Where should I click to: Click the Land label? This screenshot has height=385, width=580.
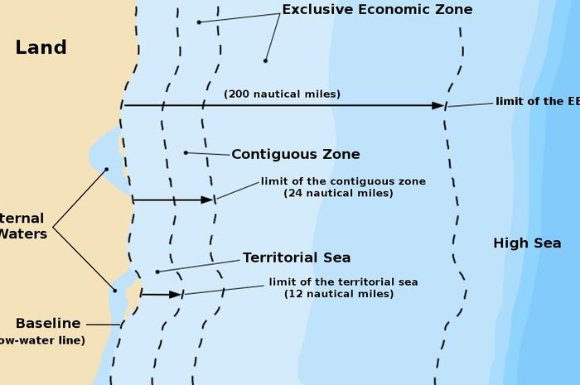pos(41,47)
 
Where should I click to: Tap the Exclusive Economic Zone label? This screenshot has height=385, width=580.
pos(377,10)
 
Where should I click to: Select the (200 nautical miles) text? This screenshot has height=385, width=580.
pos(282,94)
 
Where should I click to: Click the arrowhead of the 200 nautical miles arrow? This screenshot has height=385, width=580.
pos(438,105)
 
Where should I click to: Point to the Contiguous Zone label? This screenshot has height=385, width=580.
pos(295,154)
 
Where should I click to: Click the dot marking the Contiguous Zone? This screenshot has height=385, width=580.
pos(186,152)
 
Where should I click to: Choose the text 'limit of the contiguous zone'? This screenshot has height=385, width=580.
pos(343,181)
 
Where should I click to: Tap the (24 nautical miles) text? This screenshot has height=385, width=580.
pos(338,193)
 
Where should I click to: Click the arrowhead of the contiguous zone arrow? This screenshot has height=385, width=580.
pos(207,200)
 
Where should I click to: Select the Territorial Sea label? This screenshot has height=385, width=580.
pos(296,257)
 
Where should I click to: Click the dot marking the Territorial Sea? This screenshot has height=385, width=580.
pos(157,271)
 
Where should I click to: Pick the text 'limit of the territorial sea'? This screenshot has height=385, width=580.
pos(343,282)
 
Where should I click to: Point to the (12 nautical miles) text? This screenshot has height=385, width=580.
pos(338,294)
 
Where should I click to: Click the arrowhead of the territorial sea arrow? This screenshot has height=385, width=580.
pos(175,294)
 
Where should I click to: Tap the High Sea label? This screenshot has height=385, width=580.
pos(527,243)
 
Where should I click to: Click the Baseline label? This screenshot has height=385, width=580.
pos(48,324)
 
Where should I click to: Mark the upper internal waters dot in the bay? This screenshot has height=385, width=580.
pos(106,170)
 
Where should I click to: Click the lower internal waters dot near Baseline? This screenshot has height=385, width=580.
pos(114,290)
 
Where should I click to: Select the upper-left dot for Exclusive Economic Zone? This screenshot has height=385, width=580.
pos(199,22)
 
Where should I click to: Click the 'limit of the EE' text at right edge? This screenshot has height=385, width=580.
pos(537,102)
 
